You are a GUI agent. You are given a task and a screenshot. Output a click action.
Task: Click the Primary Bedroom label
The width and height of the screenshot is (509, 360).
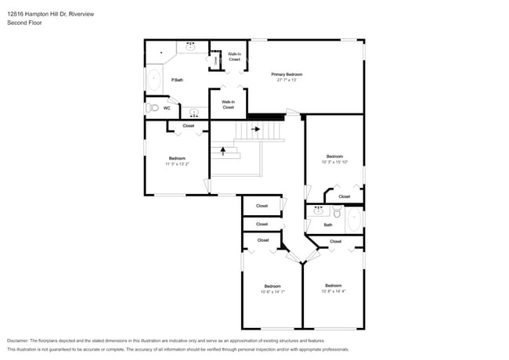pos(287,74)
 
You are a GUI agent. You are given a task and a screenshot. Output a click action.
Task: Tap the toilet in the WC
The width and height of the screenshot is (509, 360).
pos(153,108)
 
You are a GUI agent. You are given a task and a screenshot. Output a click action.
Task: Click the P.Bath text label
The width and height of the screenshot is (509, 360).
pos(178,80)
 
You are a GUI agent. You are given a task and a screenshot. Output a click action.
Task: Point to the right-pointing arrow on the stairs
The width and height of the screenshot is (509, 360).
pos(255,129)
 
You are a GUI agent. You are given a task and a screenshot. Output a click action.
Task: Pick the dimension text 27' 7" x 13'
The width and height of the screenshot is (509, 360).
pos(287,80)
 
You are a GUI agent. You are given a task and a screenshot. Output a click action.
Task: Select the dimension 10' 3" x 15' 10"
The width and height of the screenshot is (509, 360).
pos(334,162)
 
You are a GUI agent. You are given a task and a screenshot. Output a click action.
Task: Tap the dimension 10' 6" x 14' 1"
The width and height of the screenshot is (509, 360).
pos(272,292)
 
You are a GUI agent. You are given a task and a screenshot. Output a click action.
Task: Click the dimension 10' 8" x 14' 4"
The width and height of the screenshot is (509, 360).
pos(333,291)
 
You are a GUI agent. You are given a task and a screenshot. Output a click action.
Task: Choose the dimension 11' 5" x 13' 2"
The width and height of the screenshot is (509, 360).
pos(177,164)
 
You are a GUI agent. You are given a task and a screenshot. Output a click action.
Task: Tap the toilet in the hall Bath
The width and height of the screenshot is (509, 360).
pos(337,212)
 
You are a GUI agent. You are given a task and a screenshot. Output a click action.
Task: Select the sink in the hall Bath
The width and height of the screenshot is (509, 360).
pos(318,211)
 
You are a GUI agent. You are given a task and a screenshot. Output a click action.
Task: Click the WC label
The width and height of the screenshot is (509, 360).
pos(167,109)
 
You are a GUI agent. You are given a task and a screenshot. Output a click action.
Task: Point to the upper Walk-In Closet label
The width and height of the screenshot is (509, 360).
pos(234,56)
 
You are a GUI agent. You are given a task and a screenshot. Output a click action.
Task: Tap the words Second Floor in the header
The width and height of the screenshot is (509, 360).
pos(24,23)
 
